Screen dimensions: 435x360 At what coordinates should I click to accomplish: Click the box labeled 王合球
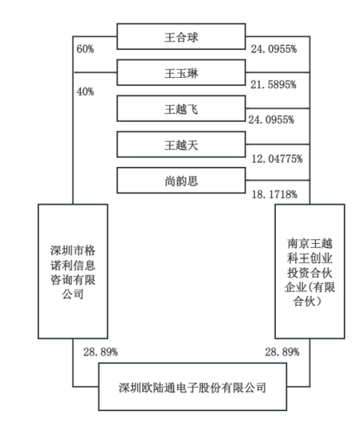[x=181, y=35]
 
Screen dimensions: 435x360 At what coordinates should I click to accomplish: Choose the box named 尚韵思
[x=181, y=181]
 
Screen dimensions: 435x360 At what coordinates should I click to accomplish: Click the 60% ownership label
[x=85, y=49]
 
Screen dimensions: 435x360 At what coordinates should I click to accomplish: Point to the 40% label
[x=85, y=91]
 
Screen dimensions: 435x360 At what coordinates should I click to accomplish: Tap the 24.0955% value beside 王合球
[x=275, y=49]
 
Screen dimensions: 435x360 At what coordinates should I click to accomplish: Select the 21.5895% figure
[x=275, y=83]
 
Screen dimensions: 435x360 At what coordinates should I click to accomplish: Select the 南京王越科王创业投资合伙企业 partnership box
[x=309, y=270]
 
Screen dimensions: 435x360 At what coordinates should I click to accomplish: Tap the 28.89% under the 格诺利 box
[x=100, y=352]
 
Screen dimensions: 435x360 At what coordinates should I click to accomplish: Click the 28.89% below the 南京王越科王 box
[x=281, y=352]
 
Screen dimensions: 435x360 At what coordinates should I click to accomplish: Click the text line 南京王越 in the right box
[x=309, y=240]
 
